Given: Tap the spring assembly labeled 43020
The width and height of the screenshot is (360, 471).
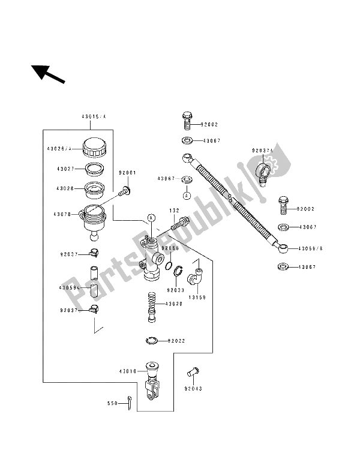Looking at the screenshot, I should (152, 304).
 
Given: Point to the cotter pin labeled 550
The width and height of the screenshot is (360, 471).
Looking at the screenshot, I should (130, 405).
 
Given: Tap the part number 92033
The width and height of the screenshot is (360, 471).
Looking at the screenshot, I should (176, 290).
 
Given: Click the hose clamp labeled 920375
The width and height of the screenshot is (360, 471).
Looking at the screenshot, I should (263, 168).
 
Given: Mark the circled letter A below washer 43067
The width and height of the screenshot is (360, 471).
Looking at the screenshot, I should (187, 196).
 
